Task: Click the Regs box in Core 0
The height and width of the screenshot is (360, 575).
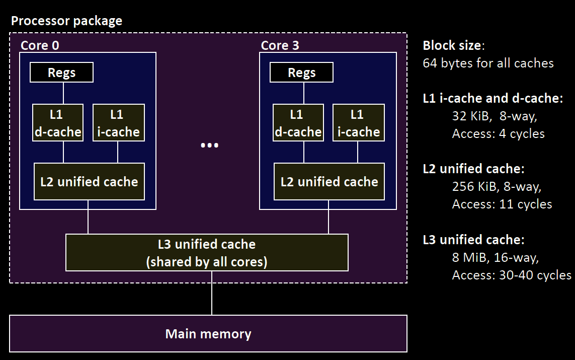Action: click(x=61, y=73)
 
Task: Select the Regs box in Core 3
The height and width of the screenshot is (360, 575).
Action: click(x=301, y=73)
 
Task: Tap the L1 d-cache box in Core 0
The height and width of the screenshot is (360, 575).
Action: click(x=58, y=123)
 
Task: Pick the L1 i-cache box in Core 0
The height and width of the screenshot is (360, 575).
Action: click(x=119, y=123)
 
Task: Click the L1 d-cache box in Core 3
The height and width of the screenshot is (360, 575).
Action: click(x=298, y=123)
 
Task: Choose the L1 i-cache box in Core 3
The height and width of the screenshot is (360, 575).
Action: click(x=359, y=123)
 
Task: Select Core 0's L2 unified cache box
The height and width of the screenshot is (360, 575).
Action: click(x=89, y=181)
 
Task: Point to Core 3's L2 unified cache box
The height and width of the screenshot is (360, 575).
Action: click(x=329, y=181)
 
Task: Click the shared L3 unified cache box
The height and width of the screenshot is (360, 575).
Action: click(x=207, y=253)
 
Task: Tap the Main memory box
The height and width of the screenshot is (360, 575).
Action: click(x=208, y=333)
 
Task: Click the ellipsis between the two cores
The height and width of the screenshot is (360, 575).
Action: click(x=209, y=146)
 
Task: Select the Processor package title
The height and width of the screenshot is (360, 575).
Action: click(x=66, y=21)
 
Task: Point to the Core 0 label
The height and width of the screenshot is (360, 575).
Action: click(x=40, y=45)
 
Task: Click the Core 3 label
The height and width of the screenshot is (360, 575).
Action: click(x=280, y=45)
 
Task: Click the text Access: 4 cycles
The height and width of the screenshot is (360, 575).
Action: click(x=498, y=134)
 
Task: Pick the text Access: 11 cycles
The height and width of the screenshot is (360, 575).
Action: click(x=502, y=204)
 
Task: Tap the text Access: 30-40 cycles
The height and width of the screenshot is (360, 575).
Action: click(x=511, y=275)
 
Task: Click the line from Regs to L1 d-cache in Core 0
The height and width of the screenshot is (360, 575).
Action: click(x=63, y=93)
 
